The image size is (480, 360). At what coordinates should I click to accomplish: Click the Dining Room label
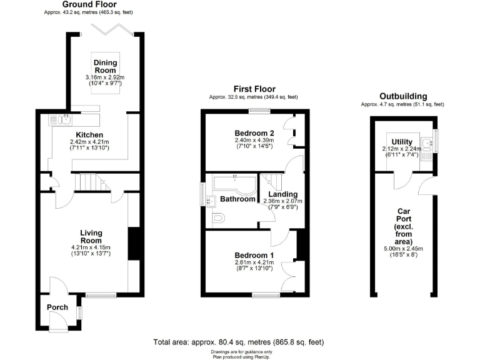coord(105,66)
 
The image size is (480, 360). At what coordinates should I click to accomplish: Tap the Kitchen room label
coord(89,135)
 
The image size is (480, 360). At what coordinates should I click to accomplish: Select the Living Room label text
coord(91,237)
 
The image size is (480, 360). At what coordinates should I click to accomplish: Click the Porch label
coord(57,307)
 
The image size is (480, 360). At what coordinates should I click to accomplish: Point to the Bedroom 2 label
coord(254,133)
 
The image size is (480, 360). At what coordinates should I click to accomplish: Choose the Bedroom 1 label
coord(254,255)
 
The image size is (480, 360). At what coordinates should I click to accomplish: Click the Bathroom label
coord(237,200)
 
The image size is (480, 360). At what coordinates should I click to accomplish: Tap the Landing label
coord(282,194)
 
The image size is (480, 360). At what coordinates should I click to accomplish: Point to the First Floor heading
coord(254,89)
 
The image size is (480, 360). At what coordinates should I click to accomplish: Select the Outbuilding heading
coord(403,97)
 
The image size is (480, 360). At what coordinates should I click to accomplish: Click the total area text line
coord(239,342)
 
